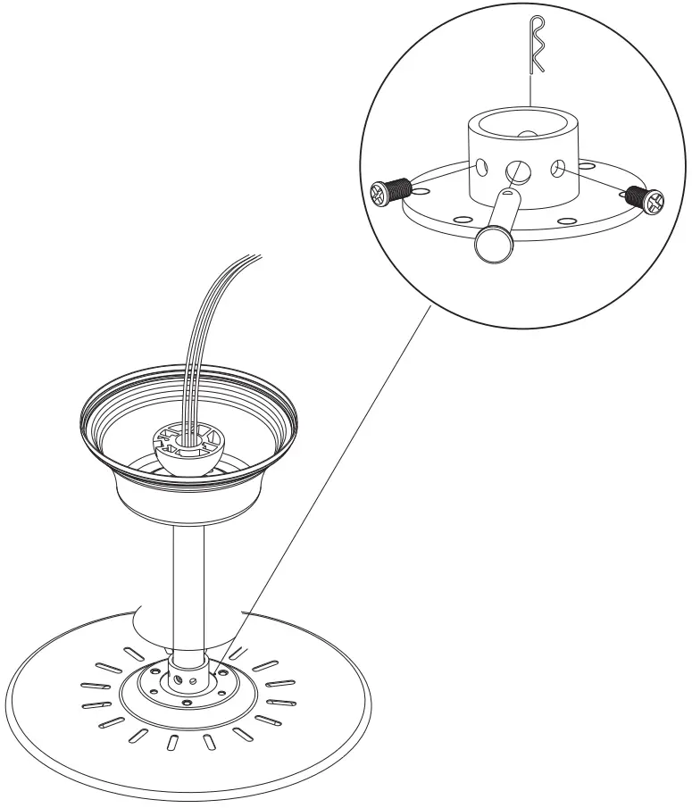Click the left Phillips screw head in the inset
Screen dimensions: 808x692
pos(380,192)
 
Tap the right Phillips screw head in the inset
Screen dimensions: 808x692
pos(654,201)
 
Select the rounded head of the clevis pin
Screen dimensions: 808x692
pos(491,244)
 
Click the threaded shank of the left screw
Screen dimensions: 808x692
pos(401,187)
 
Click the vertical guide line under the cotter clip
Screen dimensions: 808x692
pos(530,89)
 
